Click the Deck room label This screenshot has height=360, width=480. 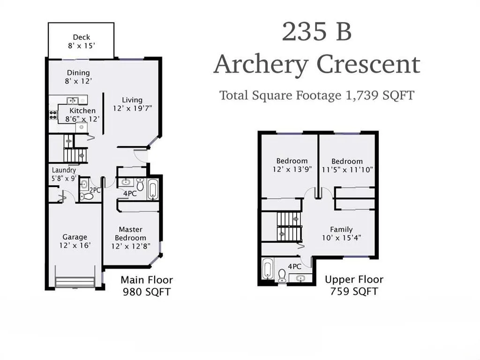82,37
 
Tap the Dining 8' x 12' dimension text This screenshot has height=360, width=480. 78,81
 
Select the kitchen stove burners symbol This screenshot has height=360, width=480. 53,115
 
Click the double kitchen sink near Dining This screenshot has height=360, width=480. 73,100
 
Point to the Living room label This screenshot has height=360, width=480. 132,100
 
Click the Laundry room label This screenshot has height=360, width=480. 64,170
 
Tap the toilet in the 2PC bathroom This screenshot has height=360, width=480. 87,196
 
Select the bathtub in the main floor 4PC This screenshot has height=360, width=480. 153,190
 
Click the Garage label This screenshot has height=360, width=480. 75,237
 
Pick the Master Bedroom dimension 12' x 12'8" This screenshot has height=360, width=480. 131,246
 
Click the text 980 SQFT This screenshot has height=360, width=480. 147,292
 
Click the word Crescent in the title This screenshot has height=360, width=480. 368,65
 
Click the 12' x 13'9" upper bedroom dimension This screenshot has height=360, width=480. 292,169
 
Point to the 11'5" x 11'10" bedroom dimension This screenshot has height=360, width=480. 347,170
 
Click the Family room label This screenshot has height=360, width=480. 341,229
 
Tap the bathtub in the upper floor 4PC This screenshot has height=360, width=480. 267,269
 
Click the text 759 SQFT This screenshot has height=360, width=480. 354,292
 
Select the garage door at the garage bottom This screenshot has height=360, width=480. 75,282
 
